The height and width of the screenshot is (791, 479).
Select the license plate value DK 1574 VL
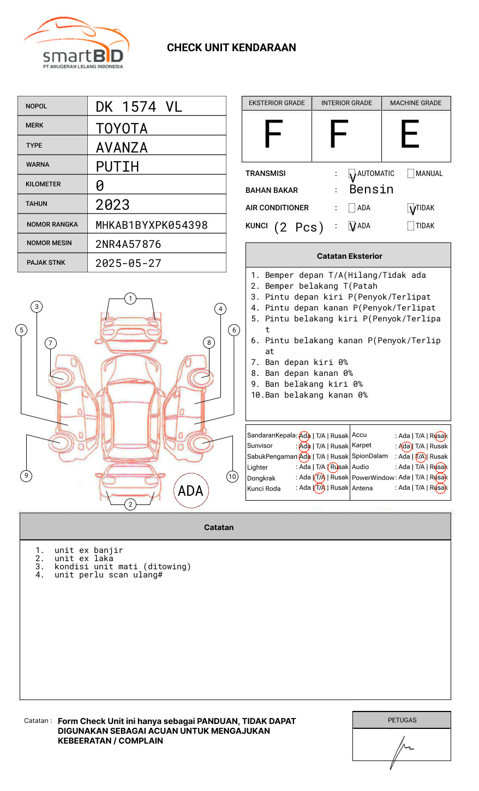point(139,107)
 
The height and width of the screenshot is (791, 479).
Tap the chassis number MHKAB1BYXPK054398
point(151,225)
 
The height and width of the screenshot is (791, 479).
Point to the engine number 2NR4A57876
point(128,244)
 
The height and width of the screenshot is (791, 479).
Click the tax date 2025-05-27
point(128,263)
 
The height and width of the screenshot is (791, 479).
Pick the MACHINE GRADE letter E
point(410,135)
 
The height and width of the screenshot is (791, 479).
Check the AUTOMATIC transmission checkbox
point(352,174)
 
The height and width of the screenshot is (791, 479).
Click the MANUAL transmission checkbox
point(411,174)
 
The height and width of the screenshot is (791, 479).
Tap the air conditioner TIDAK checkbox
point(411,208)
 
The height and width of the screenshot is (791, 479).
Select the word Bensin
point(371,190)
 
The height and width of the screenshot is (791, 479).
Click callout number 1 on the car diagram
point(130,299)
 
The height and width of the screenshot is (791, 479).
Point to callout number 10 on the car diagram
point(232,477)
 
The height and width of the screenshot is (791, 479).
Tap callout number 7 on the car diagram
point(50,343)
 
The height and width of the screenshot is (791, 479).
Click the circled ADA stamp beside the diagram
point(190,491)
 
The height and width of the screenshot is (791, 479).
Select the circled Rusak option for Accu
point(439,436)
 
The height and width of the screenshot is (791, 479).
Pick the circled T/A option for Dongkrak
point(320,477)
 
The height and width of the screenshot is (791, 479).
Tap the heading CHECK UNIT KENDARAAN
point(231,48)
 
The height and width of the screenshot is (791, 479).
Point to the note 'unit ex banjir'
point(88,550)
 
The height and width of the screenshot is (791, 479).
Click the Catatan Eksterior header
point(349,256)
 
